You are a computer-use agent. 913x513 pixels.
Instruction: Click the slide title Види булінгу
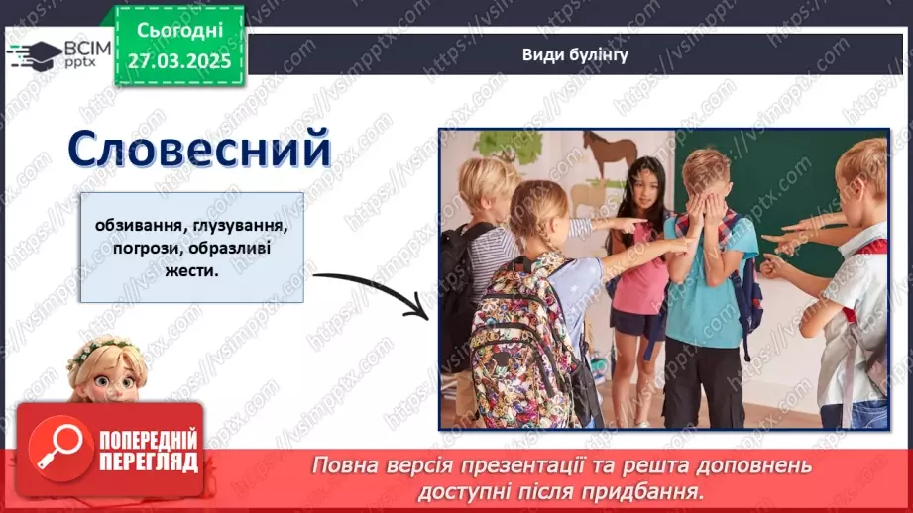click(575, 54)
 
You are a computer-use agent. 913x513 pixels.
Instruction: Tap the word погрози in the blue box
click(124, 248)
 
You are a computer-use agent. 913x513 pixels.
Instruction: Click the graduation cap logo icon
click(34, 53)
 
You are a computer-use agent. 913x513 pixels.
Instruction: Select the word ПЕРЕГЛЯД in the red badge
click(149, 462)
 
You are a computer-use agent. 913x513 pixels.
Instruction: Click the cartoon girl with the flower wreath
click(106, 368)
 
